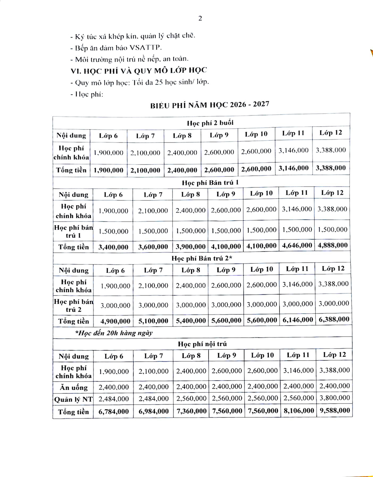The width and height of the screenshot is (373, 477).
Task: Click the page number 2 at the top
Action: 200,19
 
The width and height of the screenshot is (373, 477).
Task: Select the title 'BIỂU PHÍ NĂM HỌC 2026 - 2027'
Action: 210,105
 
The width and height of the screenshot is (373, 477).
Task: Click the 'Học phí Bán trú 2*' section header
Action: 202,258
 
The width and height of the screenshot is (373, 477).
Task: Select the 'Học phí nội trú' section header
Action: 202,343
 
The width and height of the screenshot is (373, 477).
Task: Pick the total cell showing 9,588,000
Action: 334,410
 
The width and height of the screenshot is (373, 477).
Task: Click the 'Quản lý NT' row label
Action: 74,399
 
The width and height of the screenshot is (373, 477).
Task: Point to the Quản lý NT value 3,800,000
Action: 334,398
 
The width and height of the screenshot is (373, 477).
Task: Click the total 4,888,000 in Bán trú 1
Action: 333,245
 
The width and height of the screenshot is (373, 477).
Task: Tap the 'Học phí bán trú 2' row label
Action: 74,306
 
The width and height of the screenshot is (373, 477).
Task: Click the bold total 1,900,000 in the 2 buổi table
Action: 108,170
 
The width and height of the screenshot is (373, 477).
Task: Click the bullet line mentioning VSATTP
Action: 116,48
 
